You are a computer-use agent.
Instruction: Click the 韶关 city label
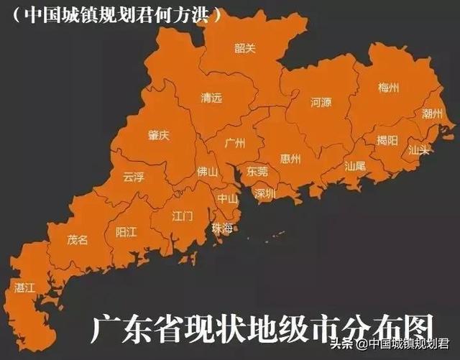click(x=245, y=48)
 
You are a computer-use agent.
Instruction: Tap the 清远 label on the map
click(x=211, y=98)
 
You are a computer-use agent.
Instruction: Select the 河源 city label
click(x=321, y=103)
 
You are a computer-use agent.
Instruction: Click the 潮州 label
click(x=433, y=114)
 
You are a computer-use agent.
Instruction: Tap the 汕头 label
click(x=418, y=150)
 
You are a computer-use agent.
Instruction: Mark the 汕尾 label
click(x=355, y=165)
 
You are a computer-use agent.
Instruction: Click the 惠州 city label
click(x=290, y=159)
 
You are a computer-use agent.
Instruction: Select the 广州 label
click(x=235, y=143)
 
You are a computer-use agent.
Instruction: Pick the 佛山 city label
click(x=207, y=172)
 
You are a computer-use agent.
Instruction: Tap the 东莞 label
click(x=257, y=172)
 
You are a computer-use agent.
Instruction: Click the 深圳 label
click(x=264, y=193)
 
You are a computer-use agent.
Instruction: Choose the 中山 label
click(x=228, y=199)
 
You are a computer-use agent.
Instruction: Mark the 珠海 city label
click(x=222, y=228)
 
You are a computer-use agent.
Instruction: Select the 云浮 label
click(x=134, y=177)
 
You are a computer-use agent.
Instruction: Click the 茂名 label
click(x=78, y=239)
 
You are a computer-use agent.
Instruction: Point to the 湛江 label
click(x=24, y=287)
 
